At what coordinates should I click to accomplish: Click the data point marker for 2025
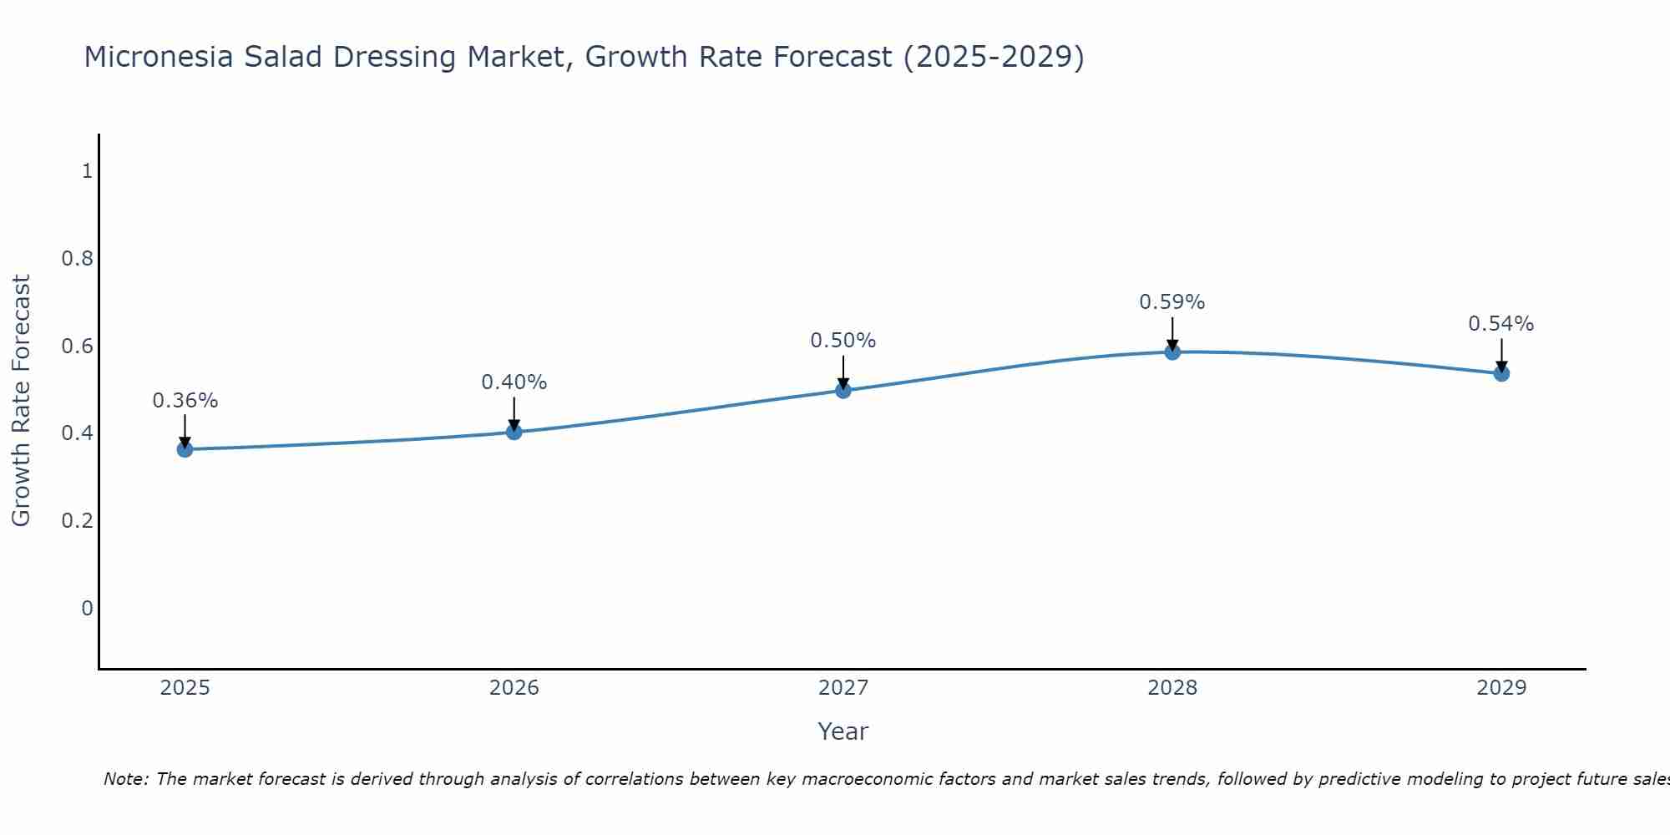pos(185,449)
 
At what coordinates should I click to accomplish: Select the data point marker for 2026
pos(514,432)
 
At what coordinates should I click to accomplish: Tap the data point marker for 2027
pos(843,390)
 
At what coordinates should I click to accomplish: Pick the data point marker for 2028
pos(1172,352)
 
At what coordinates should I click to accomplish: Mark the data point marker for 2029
pos(1500,373)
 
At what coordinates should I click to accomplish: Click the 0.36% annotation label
pos(185,401)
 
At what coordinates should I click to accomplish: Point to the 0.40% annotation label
pos(514,382)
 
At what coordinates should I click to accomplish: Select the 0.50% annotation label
pos(843,341)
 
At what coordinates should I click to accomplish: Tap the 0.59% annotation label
pos(1172,302)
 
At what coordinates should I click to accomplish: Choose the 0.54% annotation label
pos(1500,324)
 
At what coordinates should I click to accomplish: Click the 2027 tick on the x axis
pos(843,688)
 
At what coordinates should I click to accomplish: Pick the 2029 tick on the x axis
pos(1500,688)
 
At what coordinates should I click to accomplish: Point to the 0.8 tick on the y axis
pos(77,259)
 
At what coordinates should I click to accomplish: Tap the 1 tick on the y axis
pos(87,171)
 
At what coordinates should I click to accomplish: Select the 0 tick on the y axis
pos(87,608)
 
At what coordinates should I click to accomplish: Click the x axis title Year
pos(843,731)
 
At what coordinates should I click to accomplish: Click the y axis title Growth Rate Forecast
pos(21,401)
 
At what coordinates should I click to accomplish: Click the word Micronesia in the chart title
pos(159,57)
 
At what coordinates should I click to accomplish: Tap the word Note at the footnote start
pos(125,779)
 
